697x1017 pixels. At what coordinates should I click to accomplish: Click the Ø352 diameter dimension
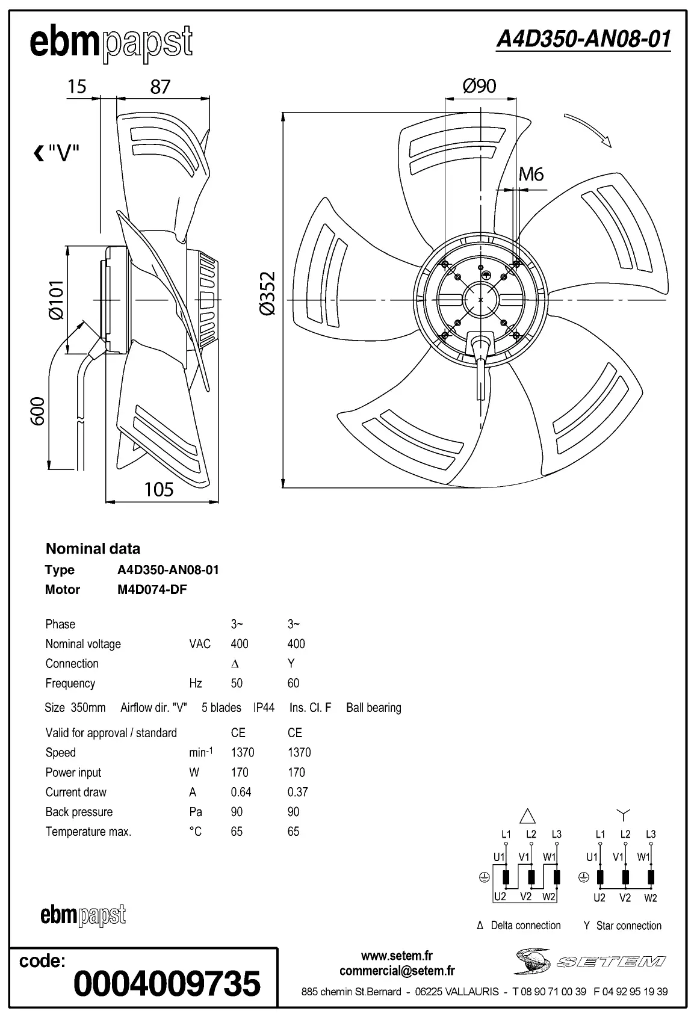coord(268,293)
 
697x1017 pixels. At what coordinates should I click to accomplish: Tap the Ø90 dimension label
coord(479,86)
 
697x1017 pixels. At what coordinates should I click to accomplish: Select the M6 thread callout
coord(531,175)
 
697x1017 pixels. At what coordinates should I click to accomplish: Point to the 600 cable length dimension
coord(37,410)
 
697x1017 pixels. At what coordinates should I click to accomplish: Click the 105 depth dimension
coord(159,489)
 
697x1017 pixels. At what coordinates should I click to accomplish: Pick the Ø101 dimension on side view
coord(56,300)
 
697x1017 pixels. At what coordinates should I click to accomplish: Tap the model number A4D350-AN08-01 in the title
coord(583,40)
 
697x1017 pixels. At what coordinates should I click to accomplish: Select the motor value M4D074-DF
coord(152,589)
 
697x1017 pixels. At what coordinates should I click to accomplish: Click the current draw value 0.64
coord(241,792)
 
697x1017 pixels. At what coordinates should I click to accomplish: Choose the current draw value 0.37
coord(297,792)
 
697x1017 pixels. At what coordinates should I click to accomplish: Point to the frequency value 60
coord(293,683)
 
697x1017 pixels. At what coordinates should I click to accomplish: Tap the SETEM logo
coord(590,961)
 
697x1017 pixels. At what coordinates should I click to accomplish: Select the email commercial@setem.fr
coord(397,971)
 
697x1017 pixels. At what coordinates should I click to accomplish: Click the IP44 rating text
coord(264,708)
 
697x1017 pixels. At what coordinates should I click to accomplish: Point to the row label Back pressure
coord(79,812)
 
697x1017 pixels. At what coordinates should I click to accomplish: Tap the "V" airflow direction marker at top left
coord(57,153)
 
